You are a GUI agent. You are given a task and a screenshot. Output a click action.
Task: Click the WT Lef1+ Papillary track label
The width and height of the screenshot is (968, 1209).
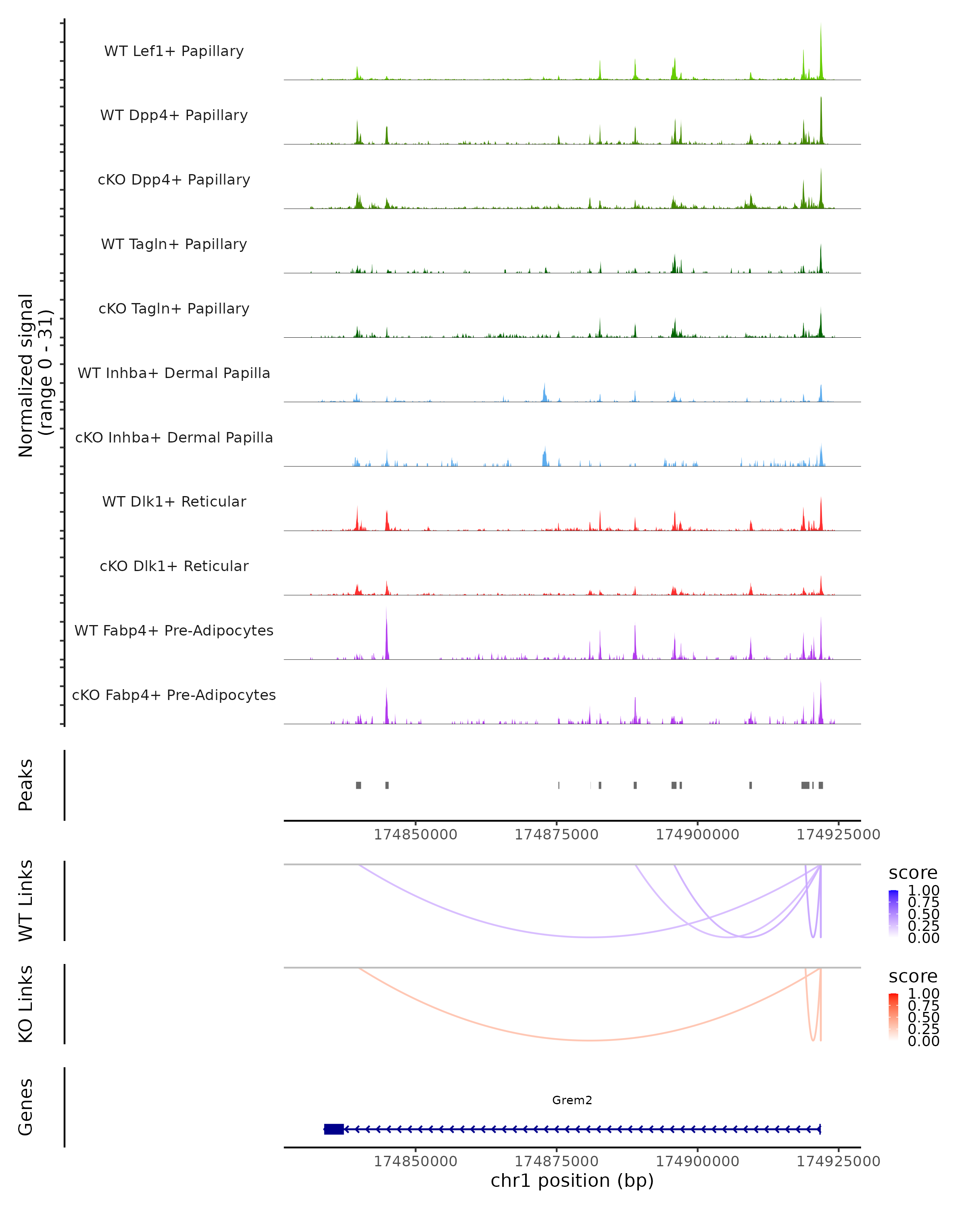coord(174,51)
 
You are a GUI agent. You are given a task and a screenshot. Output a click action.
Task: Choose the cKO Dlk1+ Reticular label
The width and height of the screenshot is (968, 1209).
coord(174,566)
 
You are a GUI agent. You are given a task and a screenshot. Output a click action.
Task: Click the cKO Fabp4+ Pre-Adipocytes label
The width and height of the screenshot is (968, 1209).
coord(174,695)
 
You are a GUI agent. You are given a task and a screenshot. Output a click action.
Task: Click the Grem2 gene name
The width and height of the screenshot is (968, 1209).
coord(572,1100)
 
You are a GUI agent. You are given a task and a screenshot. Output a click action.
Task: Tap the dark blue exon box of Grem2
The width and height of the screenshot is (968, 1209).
coord(334,1129)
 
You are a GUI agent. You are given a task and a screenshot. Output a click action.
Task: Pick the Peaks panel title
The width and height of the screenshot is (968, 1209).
coord(26,785)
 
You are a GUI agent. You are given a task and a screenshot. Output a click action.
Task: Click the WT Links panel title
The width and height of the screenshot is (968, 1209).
coord(26,901)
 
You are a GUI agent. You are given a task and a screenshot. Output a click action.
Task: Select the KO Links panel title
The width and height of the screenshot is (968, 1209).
coord(26,1004)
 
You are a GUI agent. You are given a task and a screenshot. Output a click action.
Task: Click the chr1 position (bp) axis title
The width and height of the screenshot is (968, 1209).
coord(572,1181)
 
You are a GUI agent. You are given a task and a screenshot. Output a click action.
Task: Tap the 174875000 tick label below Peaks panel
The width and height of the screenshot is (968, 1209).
coord(556,835)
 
